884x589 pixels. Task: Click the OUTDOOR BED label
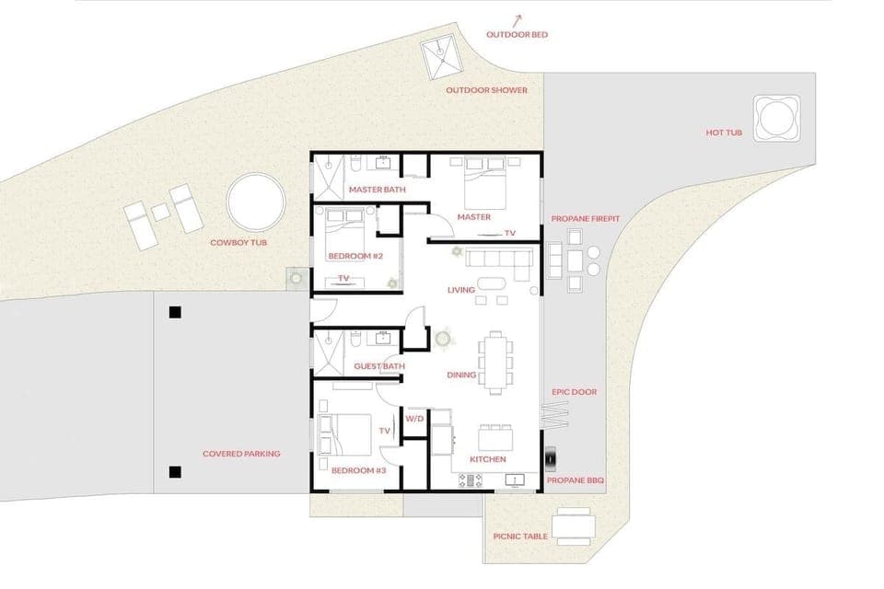point(517,35)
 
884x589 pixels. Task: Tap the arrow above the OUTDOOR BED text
point(518,17)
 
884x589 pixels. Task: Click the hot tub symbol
point(771,118)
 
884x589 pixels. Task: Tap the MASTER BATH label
point(377,190)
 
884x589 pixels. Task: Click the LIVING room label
point(460,290)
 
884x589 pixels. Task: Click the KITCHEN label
point(487,458)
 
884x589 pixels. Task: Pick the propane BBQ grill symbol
point(551,457)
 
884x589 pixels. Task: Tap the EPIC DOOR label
point(574,392)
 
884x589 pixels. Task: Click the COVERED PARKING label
point(241,454)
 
